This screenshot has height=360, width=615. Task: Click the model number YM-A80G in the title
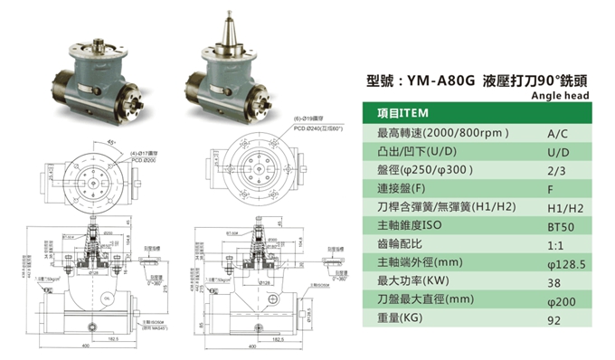click(x=440, y=80)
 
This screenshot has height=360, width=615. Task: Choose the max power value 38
click(x=555, y=284)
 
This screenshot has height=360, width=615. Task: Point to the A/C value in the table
click(x=558, y=133)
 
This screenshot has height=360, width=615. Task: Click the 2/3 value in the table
click(x=557, y=171)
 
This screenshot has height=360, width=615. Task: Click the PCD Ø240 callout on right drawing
click(x=317, y=129)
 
